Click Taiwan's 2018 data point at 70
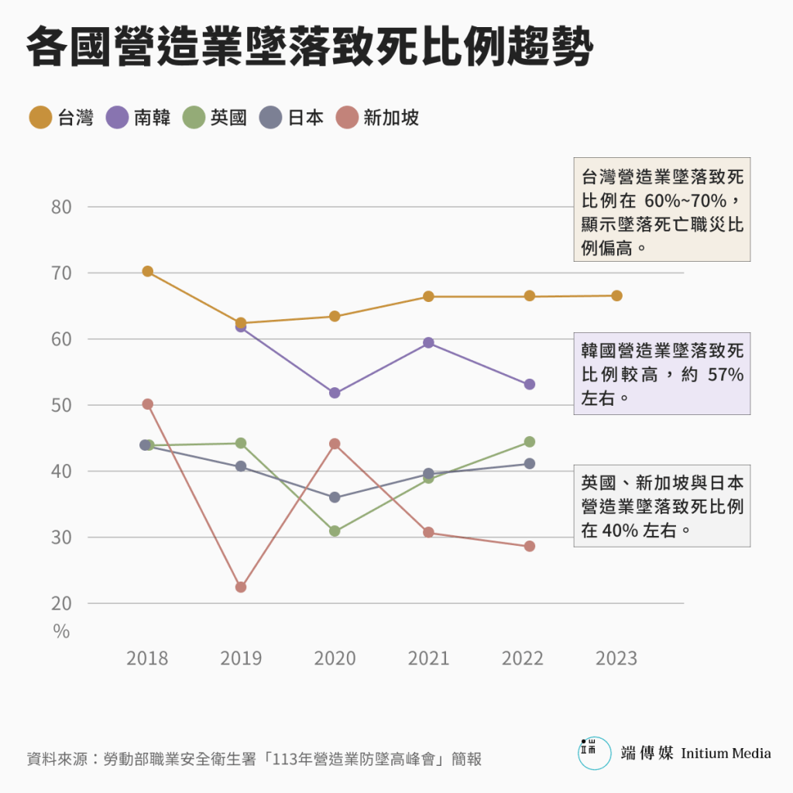(147, 271)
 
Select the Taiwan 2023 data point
(616, 296)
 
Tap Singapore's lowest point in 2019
(241, 587)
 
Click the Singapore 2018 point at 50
(147, 404)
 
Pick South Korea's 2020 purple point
(335, 393)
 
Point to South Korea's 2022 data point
(530, 384)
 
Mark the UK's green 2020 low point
(335, 531)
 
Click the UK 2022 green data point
(530, 441)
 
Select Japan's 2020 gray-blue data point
(335, 497)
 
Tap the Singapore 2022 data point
(530, 546)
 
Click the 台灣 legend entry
(61, 118)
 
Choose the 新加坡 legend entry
(377, 118)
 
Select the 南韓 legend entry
(139, 118)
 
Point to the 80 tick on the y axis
(62, 207)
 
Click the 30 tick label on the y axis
(62, 537)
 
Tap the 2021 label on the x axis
(428, 658)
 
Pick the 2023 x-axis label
(616, 658)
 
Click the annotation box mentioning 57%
(662, 374)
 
